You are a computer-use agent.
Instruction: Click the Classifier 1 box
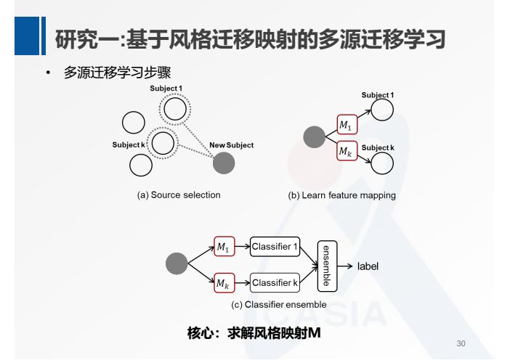tap(275, 247)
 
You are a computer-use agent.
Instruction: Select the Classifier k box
tap(275, 282)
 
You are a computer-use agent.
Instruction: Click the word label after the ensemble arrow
tap(368, 267)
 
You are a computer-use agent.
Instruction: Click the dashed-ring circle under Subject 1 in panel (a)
tap(175, 110)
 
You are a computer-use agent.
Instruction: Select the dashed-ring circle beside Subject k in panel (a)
tap(163, 143)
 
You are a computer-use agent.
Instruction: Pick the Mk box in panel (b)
tap(347, 152)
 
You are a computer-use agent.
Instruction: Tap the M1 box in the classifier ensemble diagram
tap(224, 247)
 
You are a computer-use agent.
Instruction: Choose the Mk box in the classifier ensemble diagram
tap(224, 284)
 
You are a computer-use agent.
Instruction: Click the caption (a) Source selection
tap(179, 195)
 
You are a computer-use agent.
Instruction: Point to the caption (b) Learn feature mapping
tap(341, 195)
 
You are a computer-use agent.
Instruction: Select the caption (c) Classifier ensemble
tap(279, 305)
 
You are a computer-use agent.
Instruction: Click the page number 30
tap(460, 343)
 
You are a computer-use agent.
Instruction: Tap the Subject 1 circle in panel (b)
tap(382, 110)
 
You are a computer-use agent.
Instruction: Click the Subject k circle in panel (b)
tap(382, 164)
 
